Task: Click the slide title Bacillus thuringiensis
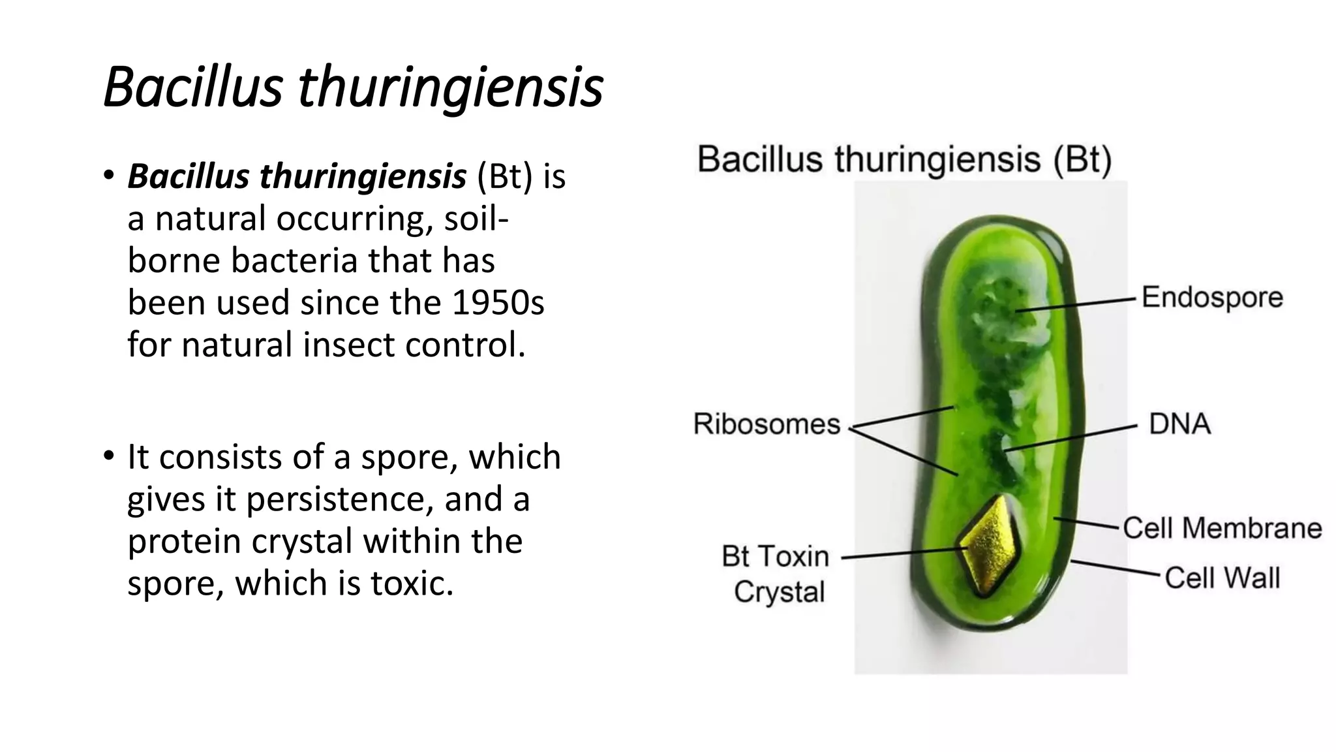tap(353, 87)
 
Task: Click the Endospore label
tap(1212, 298)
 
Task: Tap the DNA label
tap(1179, 424)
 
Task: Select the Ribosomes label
tap(767, 424)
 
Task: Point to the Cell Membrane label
tap(1222, 528)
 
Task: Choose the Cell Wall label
tap(1222, 578)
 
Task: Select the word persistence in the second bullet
tap(339, 499)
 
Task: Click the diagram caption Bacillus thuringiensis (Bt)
tap(904, 159)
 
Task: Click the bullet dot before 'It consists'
tap(109, 455)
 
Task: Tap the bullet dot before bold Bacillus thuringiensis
tap(109, 174)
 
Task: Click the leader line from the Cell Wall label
tap(1116, 568)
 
